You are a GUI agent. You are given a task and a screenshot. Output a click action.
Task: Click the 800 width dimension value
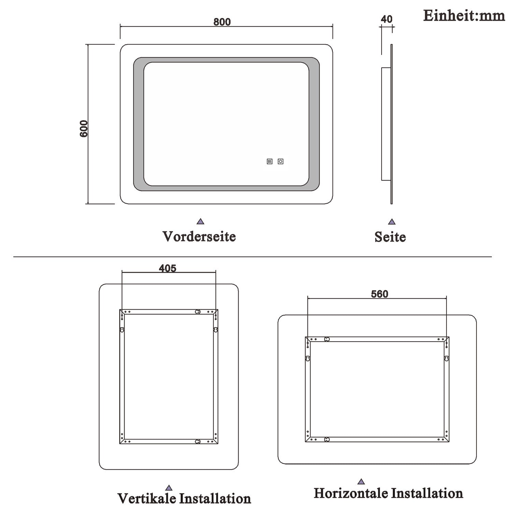[222, 22]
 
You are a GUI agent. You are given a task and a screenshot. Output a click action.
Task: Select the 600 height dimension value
[84, 128]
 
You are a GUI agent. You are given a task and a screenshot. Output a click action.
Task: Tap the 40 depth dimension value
[386, 19]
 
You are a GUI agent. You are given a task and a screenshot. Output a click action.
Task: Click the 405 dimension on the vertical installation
[167, 268]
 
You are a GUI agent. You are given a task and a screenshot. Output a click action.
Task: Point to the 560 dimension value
[380, 294]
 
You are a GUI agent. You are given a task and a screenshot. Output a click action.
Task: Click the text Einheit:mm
[464, 16]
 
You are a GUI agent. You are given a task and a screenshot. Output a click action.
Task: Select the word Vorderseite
[199, 236]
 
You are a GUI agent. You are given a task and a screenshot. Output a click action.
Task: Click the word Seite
[390, 237]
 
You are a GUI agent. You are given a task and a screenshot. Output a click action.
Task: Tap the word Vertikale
[147, 498]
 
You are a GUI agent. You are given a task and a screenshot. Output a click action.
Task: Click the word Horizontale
[351, 493]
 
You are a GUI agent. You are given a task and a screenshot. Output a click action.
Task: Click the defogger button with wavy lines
[270, 161]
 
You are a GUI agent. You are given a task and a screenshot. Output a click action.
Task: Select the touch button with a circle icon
[281, 161]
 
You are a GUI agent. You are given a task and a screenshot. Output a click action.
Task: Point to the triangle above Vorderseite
[200, 222]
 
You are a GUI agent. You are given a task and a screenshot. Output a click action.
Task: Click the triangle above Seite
[392, 222]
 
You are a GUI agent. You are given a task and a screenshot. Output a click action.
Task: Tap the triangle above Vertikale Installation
[169, 488]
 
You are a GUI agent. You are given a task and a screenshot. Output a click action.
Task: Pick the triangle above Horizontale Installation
[361, 482]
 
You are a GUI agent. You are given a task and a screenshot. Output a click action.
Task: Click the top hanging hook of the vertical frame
[197, 312]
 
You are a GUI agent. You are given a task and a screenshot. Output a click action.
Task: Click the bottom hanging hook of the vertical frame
[197, 441]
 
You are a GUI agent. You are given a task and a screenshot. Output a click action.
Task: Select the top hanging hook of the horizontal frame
[327, 339]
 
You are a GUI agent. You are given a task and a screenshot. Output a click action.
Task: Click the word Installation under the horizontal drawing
[427, 493]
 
